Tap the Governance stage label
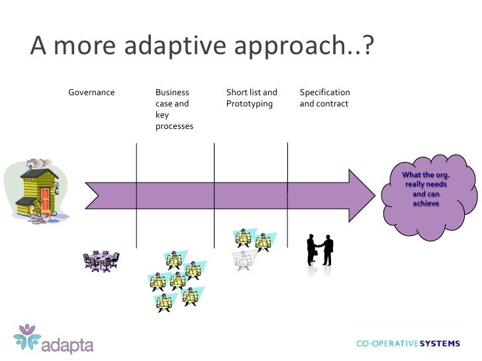pyautogui.click(x=91, y=93)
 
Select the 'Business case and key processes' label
pyautogui.click(x=173, y=109)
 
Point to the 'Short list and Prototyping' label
pyautogui.click(x=252, y=98)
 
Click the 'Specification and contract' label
pyautogui.click(x=324, y=98)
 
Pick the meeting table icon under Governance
pyautogui.click(x=101, y=261)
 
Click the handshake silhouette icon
pyautogui.click(x=320, y=249)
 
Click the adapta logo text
pyautogui.click(x=68, y=345)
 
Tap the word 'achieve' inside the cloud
pyautogui.click(x=426, y=204)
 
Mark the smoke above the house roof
pyautogui.click(x=37, y=163)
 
